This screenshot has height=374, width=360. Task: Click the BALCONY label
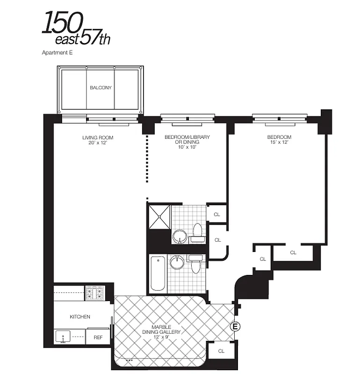pos(101,87)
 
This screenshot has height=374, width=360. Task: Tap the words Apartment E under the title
pos(58,53)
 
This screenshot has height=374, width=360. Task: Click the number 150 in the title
pos(63,23)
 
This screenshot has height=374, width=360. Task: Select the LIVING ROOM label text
pos(98,137)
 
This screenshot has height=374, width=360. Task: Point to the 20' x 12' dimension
pos(98,142)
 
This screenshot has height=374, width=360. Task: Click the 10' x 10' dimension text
pos(187,147)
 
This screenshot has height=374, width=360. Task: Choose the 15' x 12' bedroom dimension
pos(279,142)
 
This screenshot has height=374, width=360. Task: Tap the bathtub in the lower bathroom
pos(158,273)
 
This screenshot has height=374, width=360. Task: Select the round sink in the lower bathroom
pos(177,262)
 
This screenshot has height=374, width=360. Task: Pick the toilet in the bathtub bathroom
pos(195,264)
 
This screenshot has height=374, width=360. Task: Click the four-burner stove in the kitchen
pos(94,294)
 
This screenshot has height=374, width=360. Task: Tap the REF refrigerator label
pos(98,336)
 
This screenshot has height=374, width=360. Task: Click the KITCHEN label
pos(80,316)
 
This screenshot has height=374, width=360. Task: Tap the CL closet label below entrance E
pos(221,350)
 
